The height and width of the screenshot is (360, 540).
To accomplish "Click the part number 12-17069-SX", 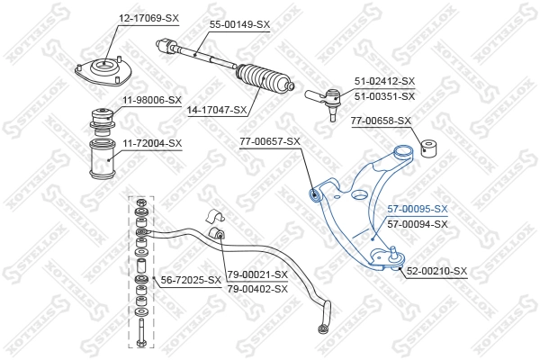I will point(148,17).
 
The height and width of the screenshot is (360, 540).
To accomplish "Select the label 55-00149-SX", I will point(239,24).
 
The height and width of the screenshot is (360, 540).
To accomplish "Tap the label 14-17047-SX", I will point(215,110).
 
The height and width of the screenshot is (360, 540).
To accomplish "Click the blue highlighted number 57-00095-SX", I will point(417,209).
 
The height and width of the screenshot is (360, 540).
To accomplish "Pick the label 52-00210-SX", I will point(436,271).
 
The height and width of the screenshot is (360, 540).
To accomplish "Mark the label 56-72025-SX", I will point(191,281).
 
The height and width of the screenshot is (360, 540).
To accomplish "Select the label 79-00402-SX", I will point(257,289).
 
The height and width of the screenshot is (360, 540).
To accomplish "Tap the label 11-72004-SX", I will point(151,143).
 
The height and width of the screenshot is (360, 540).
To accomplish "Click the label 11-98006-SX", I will point(151,100).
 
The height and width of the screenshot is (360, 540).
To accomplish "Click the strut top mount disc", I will point(103,71).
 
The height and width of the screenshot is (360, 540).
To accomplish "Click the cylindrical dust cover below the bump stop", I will point(103,162).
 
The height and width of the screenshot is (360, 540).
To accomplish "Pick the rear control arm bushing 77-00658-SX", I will point(431,147).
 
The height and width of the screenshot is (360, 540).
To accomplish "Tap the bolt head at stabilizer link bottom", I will point(141,342).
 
